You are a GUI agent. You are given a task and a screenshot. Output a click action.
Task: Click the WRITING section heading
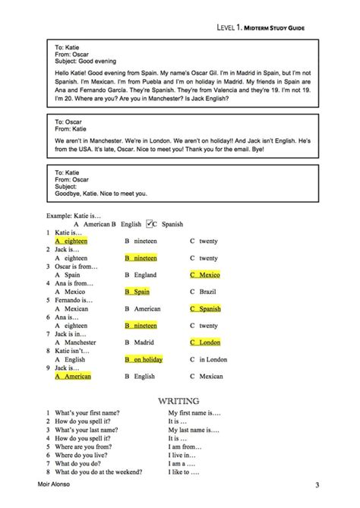pyautogui.click(x=179, y=400)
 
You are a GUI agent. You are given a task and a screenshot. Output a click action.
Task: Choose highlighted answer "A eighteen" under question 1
pyautogui.click(x=71, y=241)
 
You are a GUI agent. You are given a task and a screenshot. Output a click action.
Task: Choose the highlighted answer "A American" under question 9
pyautogui.click(x=73, y=376)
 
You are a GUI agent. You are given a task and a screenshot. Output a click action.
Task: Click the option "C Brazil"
pyautogui.click(x=202, y=291)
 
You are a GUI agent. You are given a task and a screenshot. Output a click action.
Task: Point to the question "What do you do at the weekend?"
pyautogui.click(x=99, y=472)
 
